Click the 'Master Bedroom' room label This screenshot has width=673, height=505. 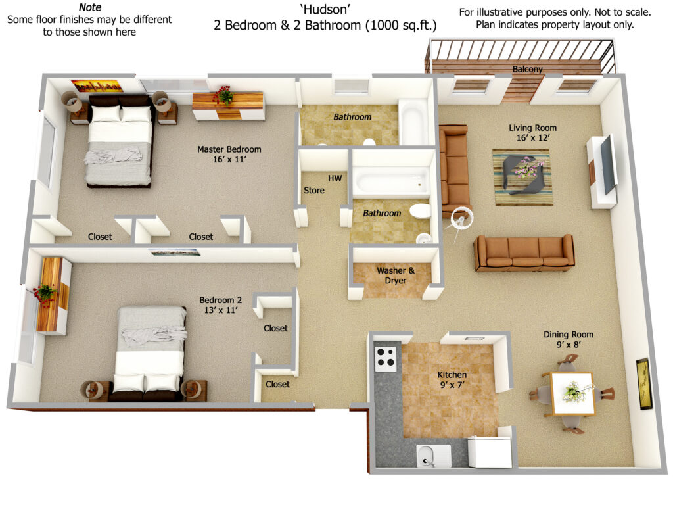tap(229, 149)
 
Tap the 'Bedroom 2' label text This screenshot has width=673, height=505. tap(221, 300)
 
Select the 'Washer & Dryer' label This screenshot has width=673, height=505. tap(395, 276)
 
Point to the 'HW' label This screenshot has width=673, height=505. tap(335, 178)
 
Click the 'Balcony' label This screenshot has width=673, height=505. tap(528, 69)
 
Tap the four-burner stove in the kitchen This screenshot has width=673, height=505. tap(385, 358)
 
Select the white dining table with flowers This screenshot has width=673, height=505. tap(572, 393)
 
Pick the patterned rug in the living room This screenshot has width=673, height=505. tap(522, 177)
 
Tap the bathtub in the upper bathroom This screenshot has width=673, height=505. tap(413, 122)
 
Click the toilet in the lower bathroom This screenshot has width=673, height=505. tap(419, 211)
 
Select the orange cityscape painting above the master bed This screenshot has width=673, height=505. tap(97, 86)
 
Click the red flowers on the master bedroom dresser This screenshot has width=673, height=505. tap(223, 95)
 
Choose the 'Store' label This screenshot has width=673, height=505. tap(314, 190)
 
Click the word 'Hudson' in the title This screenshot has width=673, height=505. tap(325, 9)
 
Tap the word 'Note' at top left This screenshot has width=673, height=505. tap(90, 7)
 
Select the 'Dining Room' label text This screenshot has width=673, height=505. tap(569, 335)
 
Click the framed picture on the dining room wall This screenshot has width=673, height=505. tap(643, 383)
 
